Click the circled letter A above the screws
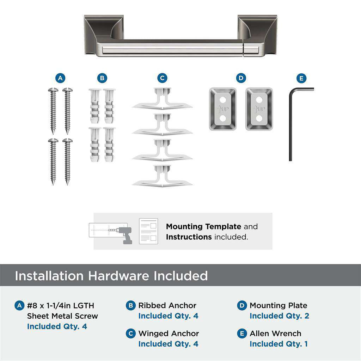[x=60, y=78]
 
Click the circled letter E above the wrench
[x=301, y=78]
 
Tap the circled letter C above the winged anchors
[x=162, y=78]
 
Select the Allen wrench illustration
[x=291, y=123]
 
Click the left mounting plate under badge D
[x=222, y=109]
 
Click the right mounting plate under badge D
[x=259, y=109]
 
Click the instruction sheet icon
[x=148, y=231]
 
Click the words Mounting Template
[x=203, y=226]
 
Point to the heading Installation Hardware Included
[x=111, y=275]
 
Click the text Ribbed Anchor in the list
[x=167, y=305]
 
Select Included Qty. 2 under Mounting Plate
[x=279, y=316]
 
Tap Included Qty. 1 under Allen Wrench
[x=279, y=344]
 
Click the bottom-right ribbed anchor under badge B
[x=109, y=144]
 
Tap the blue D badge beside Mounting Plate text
[x=242, y=305]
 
